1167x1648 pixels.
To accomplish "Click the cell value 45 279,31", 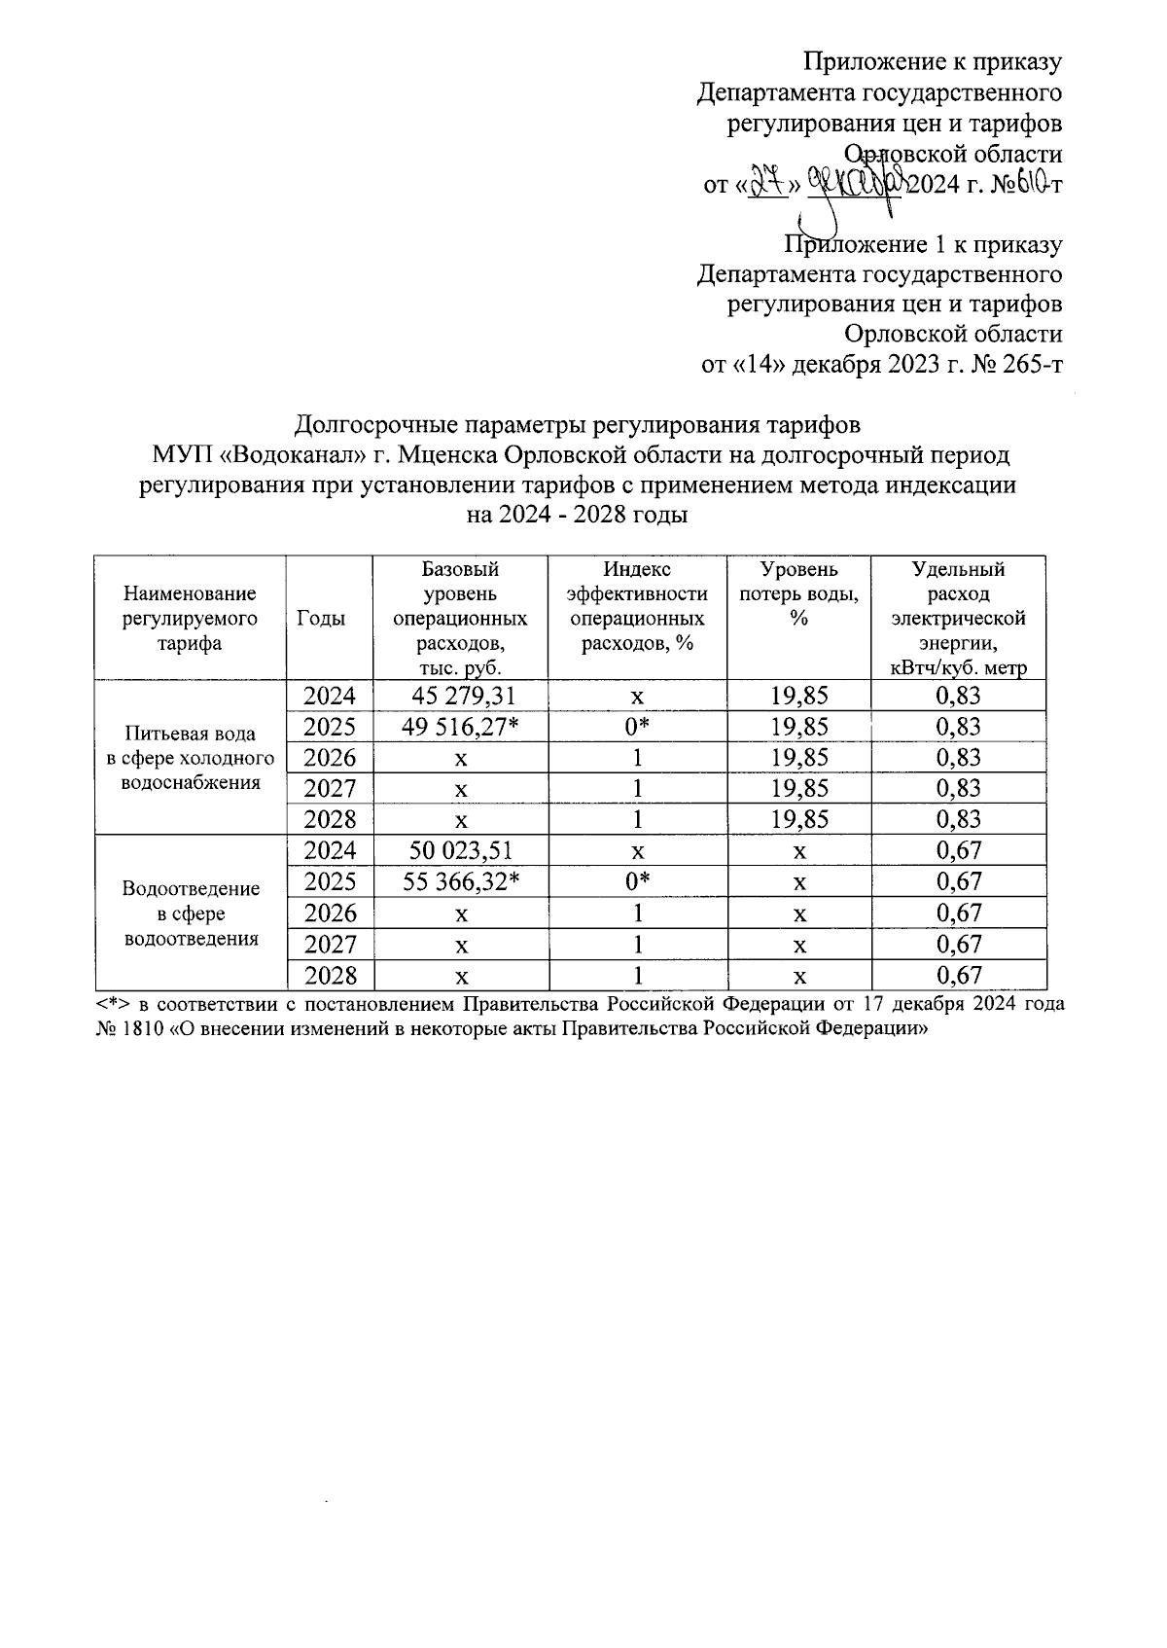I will pyautogui.click(x=462, y=696).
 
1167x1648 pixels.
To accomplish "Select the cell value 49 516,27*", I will pyautogui.click(x=462, y=727).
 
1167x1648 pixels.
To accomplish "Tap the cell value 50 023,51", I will pyautogui.click(x=462, y=850).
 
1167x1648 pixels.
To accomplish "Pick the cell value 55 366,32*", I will pyautogui.click(x=462, y=881).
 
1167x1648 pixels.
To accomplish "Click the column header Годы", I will pyautogui.click(x=330, y=619).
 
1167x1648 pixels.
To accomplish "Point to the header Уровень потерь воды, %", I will pyautogui.click(x=798, y=594).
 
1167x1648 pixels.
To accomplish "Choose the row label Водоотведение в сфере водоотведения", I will pyautogui.click(x=190, y=913).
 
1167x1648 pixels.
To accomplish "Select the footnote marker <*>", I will pyautogui.click(x=113, y=1003).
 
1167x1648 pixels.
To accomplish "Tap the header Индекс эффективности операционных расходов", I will pyautogui.click(x=637, y=606).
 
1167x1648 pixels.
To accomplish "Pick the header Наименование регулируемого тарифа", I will pyautogui.click(x=190, y=619).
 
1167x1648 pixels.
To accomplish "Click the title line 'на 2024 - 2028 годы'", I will pyautogui.click(x=578, y=515).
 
